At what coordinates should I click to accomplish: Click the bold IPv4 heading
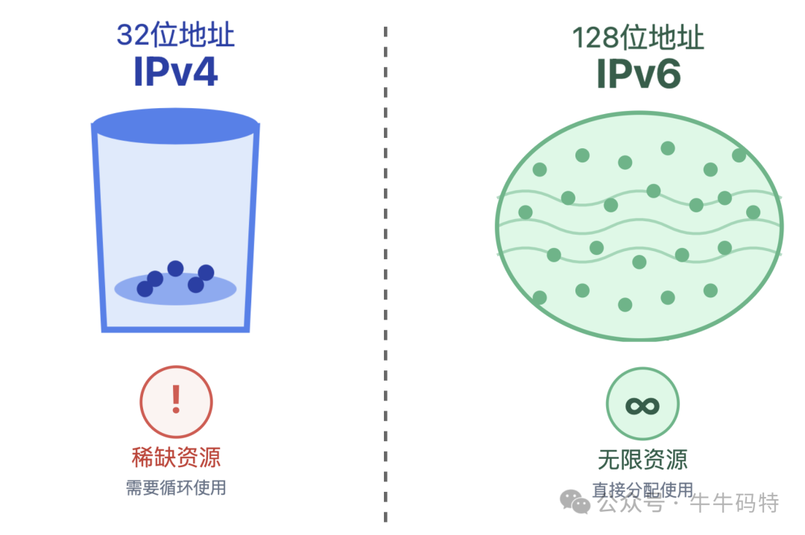(x=175, y=72)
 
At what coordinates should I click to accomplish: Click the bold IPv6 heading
(x=639, y=74)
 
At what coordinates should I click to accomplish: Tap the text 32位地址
(x=175, y=35)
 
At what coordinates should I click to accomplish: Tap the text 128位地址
(x=638, y=37)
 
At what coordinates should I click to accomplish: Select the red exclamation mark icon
(x=177, y=401)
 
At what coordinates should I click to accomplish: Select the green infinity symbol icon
(x=643, y=405)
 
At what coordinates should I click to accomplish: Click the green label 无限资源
(x=643, y=459)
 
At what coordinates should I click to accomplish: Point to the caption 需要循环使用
(x=176, y=488)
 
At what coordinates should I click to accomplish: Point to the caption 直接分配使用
(x=643, y=490)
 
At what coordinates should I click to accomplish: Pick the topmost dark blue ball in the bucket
(x=175, y=268)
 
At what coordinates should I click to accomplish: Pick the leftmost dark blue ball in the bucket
(x=145, y=289)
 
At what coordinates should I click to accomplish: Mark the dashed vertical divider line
(x=385, y=276)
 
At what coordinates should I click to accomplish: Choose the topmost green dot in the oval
(x=668, y=148)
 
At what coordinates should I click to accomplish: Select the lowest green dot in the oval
(x=625, y=305)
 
